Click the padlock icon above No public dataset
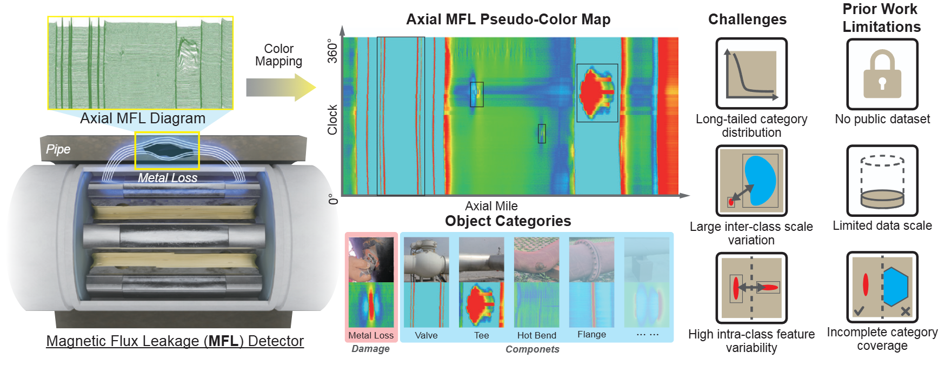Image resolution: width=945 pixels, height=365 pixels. point(882,74)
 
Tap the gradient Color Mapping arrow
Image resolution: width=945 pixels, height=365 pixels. point(281,87)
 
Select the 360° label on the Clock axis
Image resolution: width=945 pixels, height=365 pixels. point(332,50)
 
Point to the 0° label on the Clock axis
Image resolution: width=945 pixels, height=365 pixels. point(333,198)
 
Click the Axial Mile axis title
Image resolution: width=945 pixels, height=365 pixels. point(491,206)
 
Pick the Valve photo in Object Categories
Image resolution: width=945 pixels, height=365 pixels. point(427,260)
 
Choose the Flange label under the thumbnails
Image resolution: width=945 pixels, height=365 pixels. point(591,334)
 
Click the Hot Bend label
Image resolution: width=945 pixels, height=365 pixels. point(536,335)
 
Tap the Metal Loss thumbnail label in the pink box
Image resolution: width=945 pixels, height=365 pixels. point(371,335)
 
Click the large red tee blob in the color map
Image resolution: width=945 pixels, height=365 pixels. point(595,92)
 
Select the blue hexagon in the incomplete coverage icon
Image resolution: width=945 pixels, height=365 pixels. point(895,287)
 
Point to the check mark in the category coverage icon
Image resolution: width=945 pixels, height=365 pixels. point(859,310)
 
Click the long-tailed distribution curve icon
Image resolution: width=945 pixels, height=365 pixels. point(751,74)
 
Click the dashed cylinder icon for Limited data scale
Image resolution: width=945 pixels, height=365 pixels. point(882,181)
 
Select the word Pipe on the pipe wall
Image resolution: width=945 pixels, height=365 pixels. point(58,149)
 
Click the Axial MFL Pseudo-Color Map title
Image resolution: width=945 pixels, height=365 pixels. point(508,19)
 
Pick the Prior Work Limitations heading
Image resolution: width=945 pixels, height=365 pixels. point(881,18)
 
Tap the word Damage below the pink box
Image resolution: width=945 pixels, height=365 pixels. point(370,349)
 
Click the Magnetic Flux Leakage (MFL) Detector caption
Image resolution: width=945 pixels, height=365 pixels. point(175,341)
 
